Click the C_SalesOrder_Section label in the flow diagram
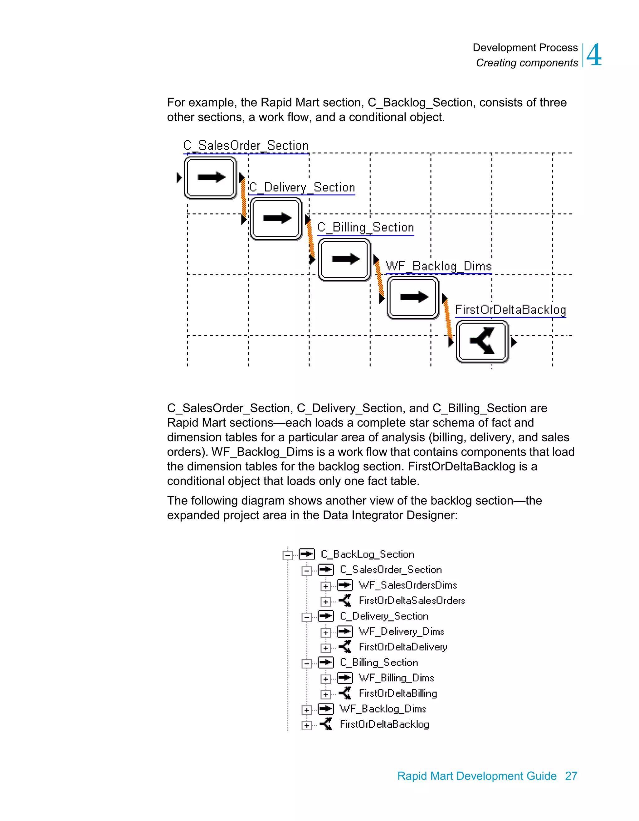246,146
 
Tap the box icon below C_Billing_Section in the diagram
344,259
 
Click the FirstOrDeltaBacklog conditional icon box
482,341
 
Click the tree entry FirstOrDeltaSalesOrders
412,601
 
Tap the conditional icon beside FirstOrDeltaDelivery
345,647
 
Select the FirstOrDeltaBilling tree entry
398,693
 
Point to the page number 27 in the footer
571,776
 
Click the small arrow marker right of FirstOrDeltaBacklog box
514,342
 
